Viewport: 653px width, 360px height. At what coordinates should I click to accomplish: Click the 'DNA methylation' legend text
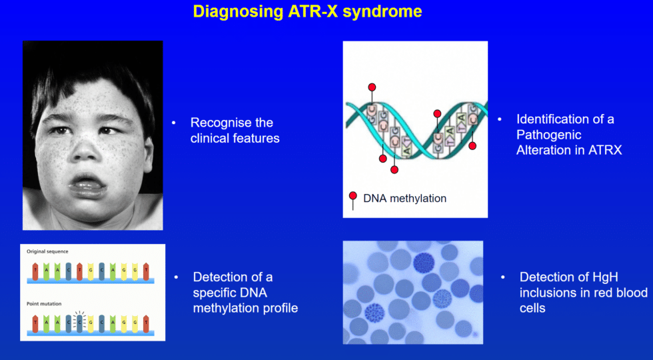tap(404, 198)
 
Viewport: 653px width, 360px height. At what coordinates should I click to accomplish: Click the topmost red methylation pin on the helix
tap(372, 87)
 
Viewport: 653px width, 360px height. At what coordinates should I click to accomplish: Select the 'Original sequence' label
tap(47, 251)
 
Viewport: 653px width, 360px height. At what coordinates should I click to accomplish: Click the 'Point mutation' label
tap(43, 303)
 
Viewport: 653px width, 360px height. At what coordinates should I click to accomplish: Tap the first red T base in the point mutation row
tap(35, 323)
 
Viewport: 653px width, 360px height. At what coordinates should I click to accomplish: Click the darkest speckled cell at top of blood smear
tap(424, 263)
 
